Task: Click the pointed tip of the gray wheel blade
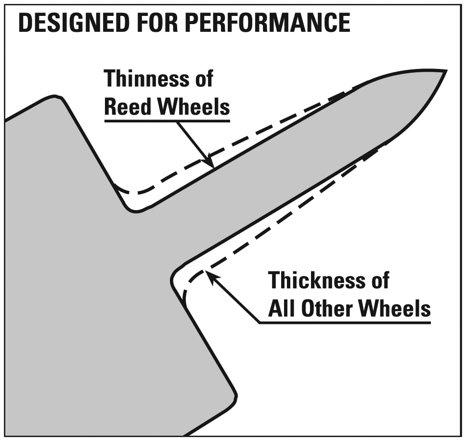click(446, 71)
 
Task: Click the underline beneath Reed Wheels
click(167, 121)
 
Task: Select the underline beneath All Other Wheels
click(345, 322)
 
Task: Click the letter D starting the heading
click(26, 23)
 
